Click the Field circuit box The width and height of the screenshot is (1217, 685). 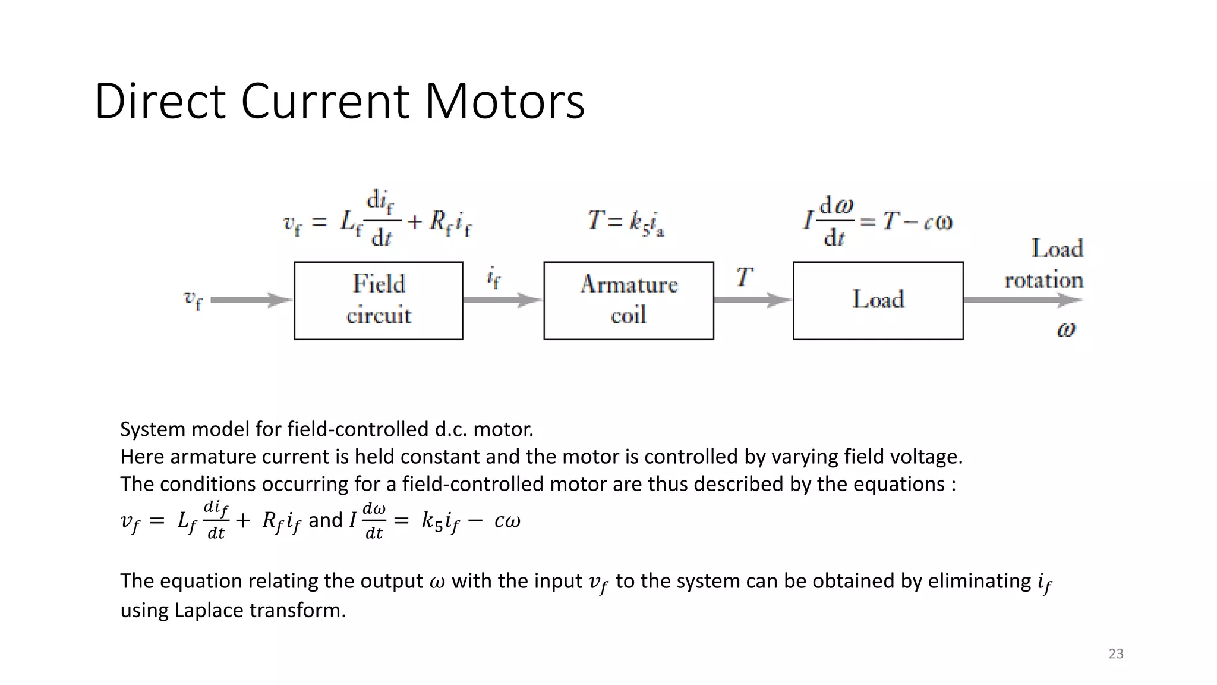point(379,300)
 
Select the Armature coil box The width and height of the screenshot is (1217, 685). point(629,300)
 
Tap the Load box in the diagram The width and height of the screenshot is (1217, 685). point(878,300)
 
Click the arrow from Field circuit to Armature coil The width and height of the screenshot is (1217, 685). point(503,300)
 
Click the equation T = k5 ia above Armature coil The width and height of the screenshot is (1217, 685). point(626,222)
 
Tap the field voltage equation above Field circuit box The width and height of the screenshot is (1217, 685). point(378,221)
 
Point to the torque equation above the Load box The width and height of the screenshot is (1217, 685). point(878,221)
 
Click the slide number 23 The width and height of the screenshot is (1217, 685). point(1116,654)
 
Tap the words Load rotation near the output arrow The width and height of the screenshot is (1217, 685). point(1045,263)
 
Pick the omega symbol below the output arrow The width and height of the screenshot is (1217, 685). point(1066,329)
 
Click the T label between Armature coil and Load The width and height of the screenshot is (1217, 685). point(745,277)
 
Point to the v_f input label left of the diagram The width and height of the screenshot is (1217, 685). point(193,299)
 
